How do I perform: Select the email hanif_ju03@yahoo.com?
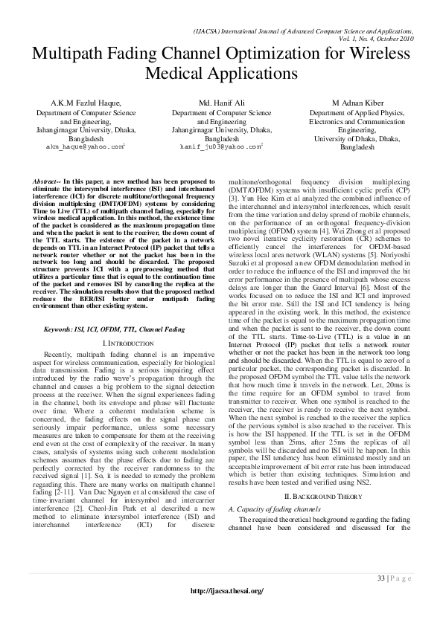(x=220, y=147)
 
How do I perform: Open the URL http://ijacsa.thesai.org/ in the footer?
(x=227, y=590)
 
